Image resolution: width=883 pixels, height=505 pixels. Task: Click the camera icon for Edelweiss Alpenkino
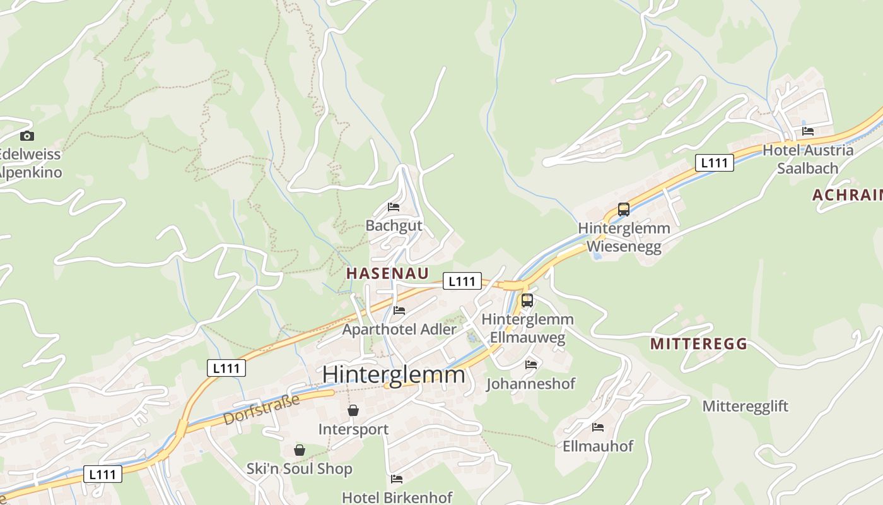pyautogui.click(x=26, y=136)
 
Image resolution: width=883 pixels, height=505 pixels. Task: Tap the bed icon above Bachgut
pyautogui.click(x=394, y=207)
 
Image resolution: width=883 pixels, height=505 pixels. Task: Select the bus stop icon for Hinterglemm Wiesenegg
pyautogui.click(x=624, y=210)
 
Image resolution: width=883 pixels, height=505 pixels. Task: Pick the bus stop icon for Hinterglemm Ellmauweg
pyautogui.click(x=527, y=300)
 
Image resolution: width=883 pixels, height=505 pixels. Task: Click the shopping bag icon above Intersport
pyautogui.click(x=353, y=410)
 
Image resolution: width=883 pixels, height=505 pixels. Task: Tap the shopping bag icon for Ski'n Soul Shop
pyautogui.click(x=300, y=450)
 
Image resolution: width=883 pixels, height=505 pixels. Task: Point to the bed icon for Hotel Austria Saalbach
pyautogui.click(x=808, y=131)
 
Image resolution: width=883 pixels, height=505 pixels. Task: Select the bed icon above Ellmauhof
pyautogui.click(x=598, y=427)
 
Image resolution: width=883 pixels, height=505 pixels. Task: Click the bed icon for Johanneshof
pyautogui.click(x=531, y=364)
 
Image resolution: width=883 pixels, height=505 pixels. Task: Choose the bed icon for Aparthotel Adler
pyautogui.click(x=399, y=310)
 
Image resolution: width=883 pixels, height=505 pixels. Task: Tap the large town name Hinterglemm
pyautogui.click(x=394, y=374)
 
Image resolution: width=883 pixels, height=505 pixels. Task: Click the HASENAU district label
pyautogui.click(x=388, y=273)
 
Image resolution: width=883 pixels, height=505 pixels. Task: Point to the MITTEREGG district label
pyautogui.click(x=699, y=344)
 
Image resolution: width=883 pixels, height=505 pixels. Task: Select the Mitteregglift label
pyautogui.click(x=746, y=406)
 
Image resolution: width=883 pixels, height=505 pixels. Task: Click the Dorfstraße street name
pyautogui.click(x=261, y=410)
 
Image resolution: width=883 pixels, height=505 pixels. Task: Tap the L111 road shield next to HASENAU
pyautogui.click(x=462, y=281)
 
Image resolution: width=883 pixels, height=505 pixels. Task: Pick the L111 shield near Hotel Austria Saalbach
pyautogui.click(x=715, y=163)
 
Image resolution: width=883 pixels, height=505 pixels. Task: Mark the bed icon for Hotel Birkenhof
pyautogui.click(x=397, y=479)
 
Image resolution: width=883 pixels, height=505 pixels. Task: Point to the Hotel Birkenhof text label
pyautogui.click(x=397, y=497)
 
